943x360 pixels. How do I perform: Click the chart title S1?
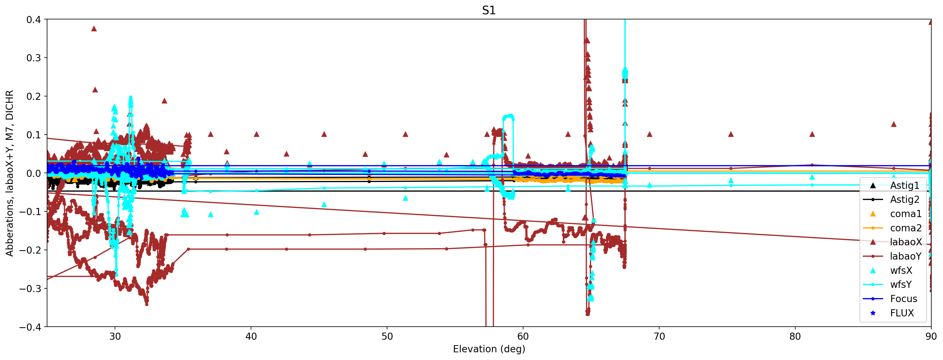[489, 10]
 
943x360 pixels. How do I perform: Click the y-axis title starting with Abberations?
[9, 173]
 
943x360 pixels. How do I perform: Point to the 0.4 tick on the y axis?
[33, 19]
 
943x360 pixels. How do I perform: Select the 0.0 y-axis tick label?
[33, 173]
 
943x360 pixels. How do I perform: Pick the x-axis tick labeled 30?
[115, 337]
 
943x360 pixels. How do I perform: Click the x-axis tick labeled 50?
[387, 337]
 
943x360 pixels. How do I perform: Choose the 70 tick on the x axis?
[659, 337]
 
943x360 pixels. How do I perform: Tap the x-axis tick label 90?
[930, 337]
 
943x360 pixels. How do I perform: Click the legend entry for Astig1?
[904, 186]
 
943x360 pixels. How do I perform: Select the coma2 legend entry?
[906, 228]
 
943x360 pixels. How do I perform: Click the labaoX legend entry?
[906, 242]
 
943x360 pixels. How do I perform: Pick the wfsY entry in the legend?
[900, 285]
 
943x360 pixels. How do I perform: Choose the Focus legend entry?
[903, 299]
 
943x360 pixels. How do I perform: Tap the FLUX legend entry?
[902, 313]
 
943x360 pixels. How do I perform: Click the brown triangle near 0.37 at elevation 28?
[94, 29]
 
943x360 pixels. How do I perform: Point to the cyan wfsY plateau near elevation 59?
[508, 116]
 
